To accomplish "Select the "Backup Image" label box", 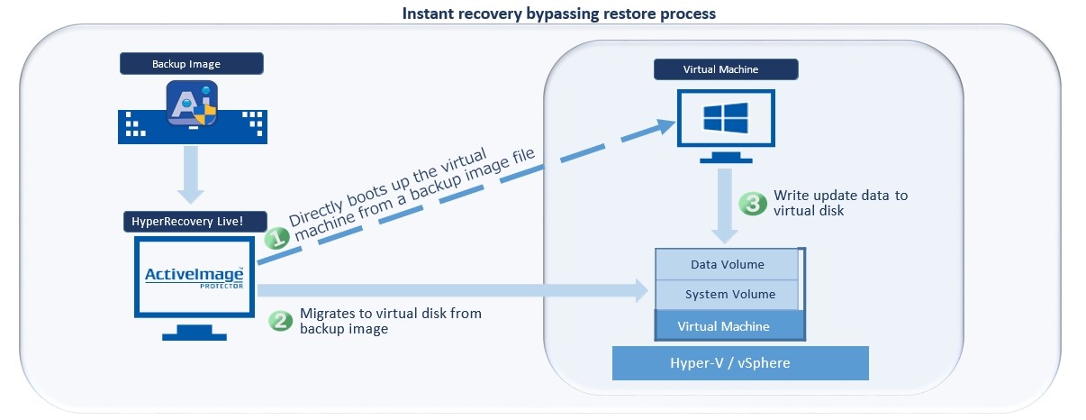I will coord(191,64).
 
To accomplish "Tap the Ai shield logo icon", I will coord(191,105).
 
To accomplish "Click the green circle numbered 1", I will coord(276,238).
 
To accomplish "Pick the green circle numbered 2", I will coord(281,321).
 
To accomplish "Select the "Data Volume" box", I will coord(727,265).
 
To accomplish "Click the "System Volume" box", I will coord(727,295).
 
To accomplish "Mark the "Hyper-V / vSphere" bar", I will coord(739,363).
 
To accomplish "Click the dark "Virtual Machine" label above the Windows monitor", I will coord(726,69).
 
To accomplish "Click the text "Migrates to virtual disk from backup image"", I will coord(390,321).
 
